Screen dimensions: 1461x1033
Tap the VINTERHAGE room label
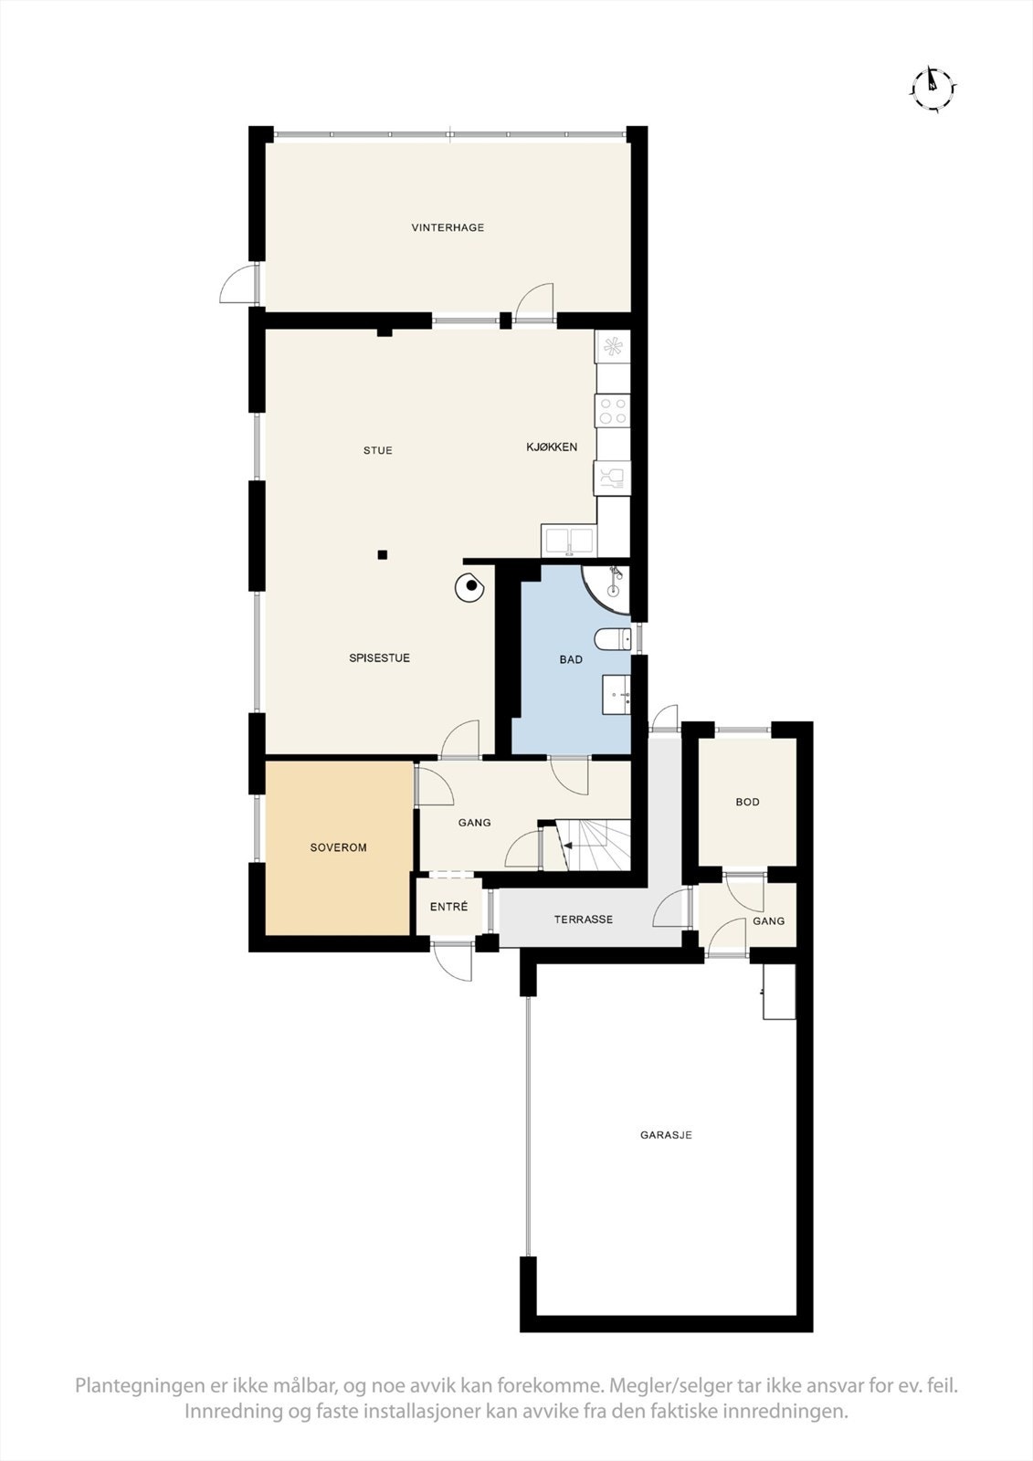448,227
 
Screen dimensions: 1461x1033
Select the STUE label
377,450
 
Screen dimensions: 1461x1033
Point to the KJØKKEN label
552,447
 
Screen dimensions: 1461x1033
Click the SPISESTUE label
379,657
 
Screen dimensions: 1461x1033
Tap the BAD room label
571,659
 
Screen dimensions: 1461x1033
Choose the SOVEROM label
338,847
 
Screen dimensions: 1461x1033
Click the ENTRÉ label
448,907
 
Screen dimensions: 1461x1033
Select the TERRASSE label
583,920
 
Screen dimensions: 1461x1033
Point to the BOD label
747,802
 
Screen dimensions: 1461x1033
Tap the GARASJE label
665,1135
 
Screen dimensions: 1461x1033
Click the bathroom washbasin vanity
617,695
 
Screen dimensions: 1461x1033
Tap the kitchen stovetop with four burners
613,409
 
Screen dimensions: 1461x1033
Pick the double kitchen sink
568,541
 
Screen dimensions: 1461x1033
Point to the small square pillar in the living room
383,554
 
